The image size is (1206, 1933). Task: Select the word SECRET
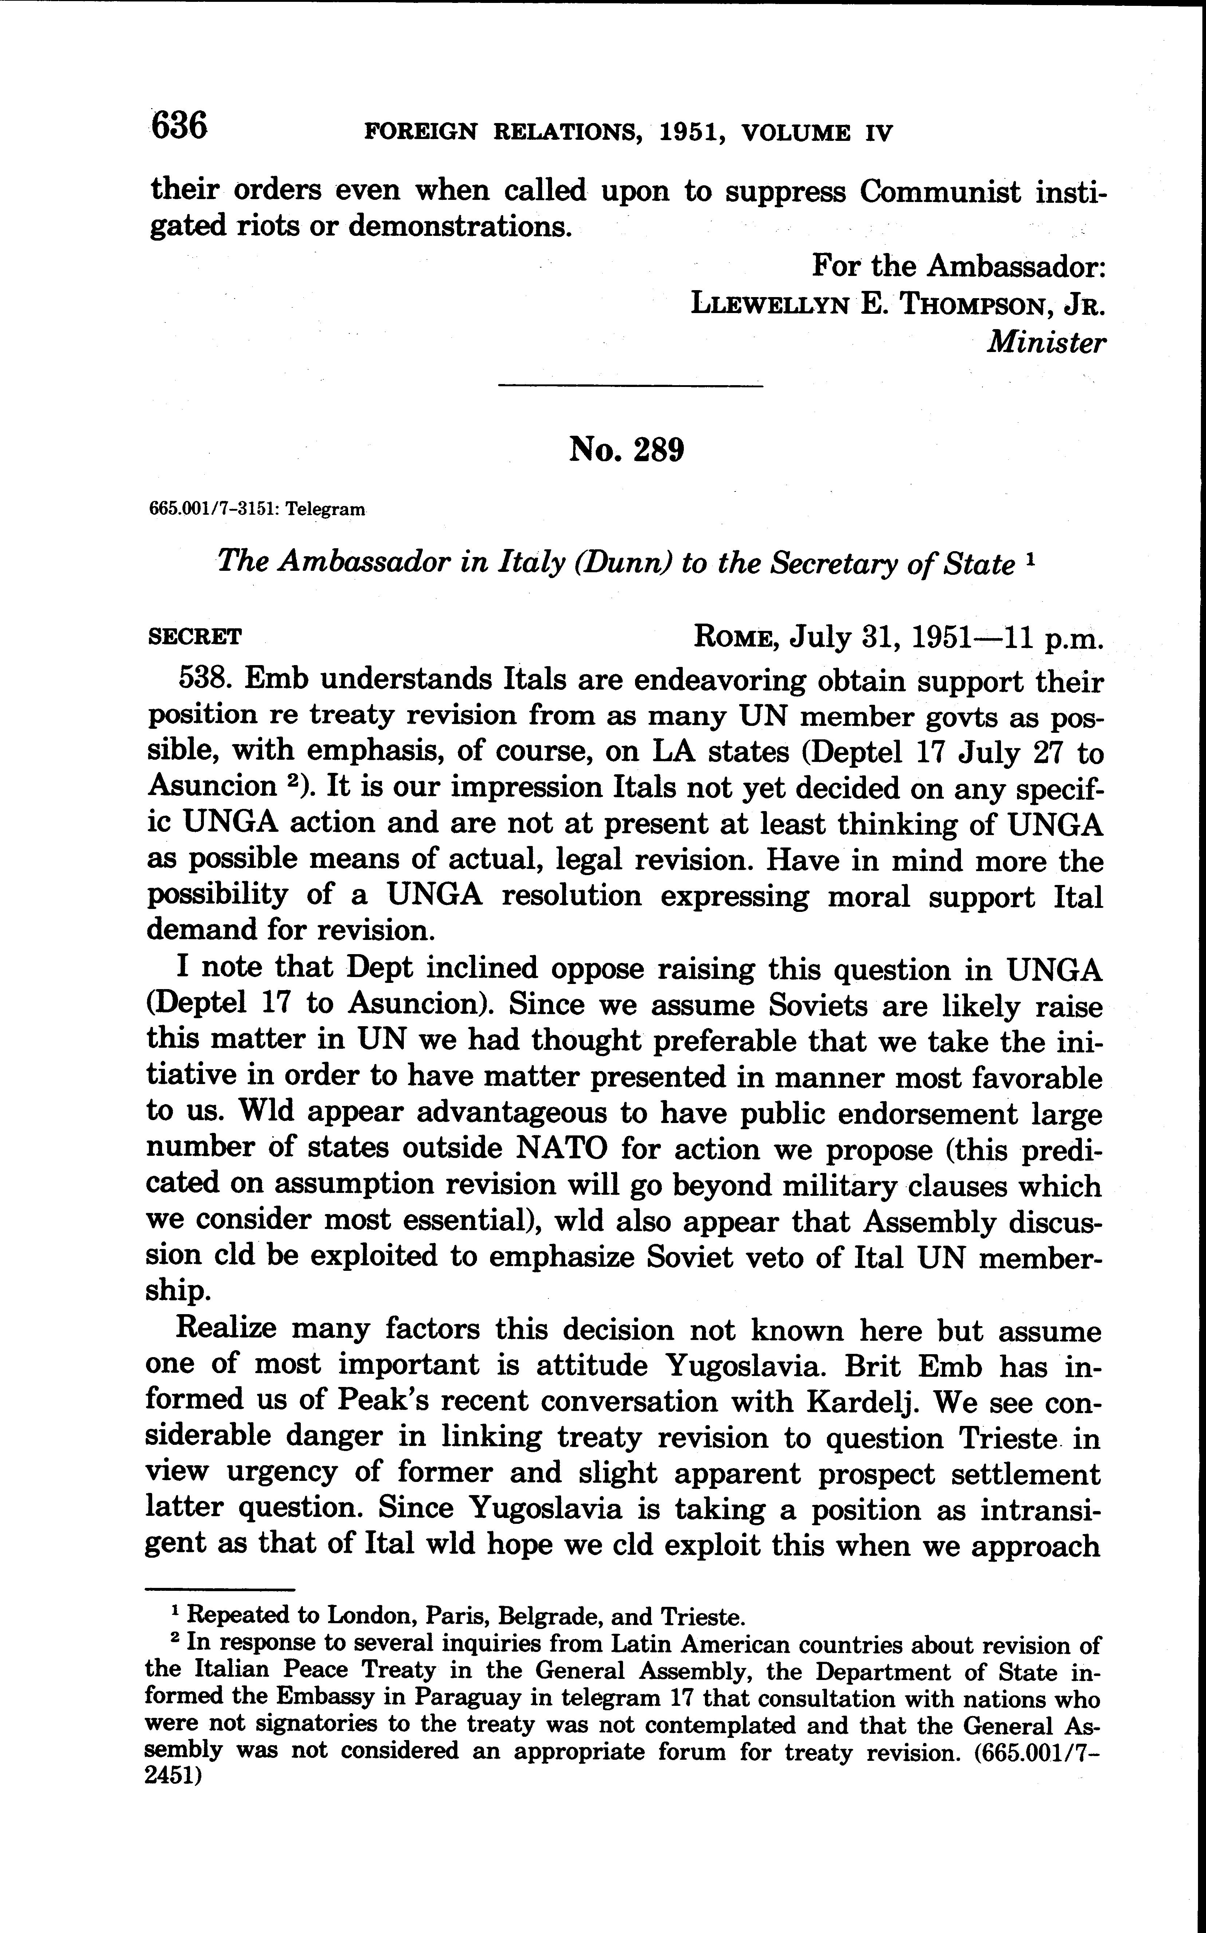(x=196, y=637)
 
